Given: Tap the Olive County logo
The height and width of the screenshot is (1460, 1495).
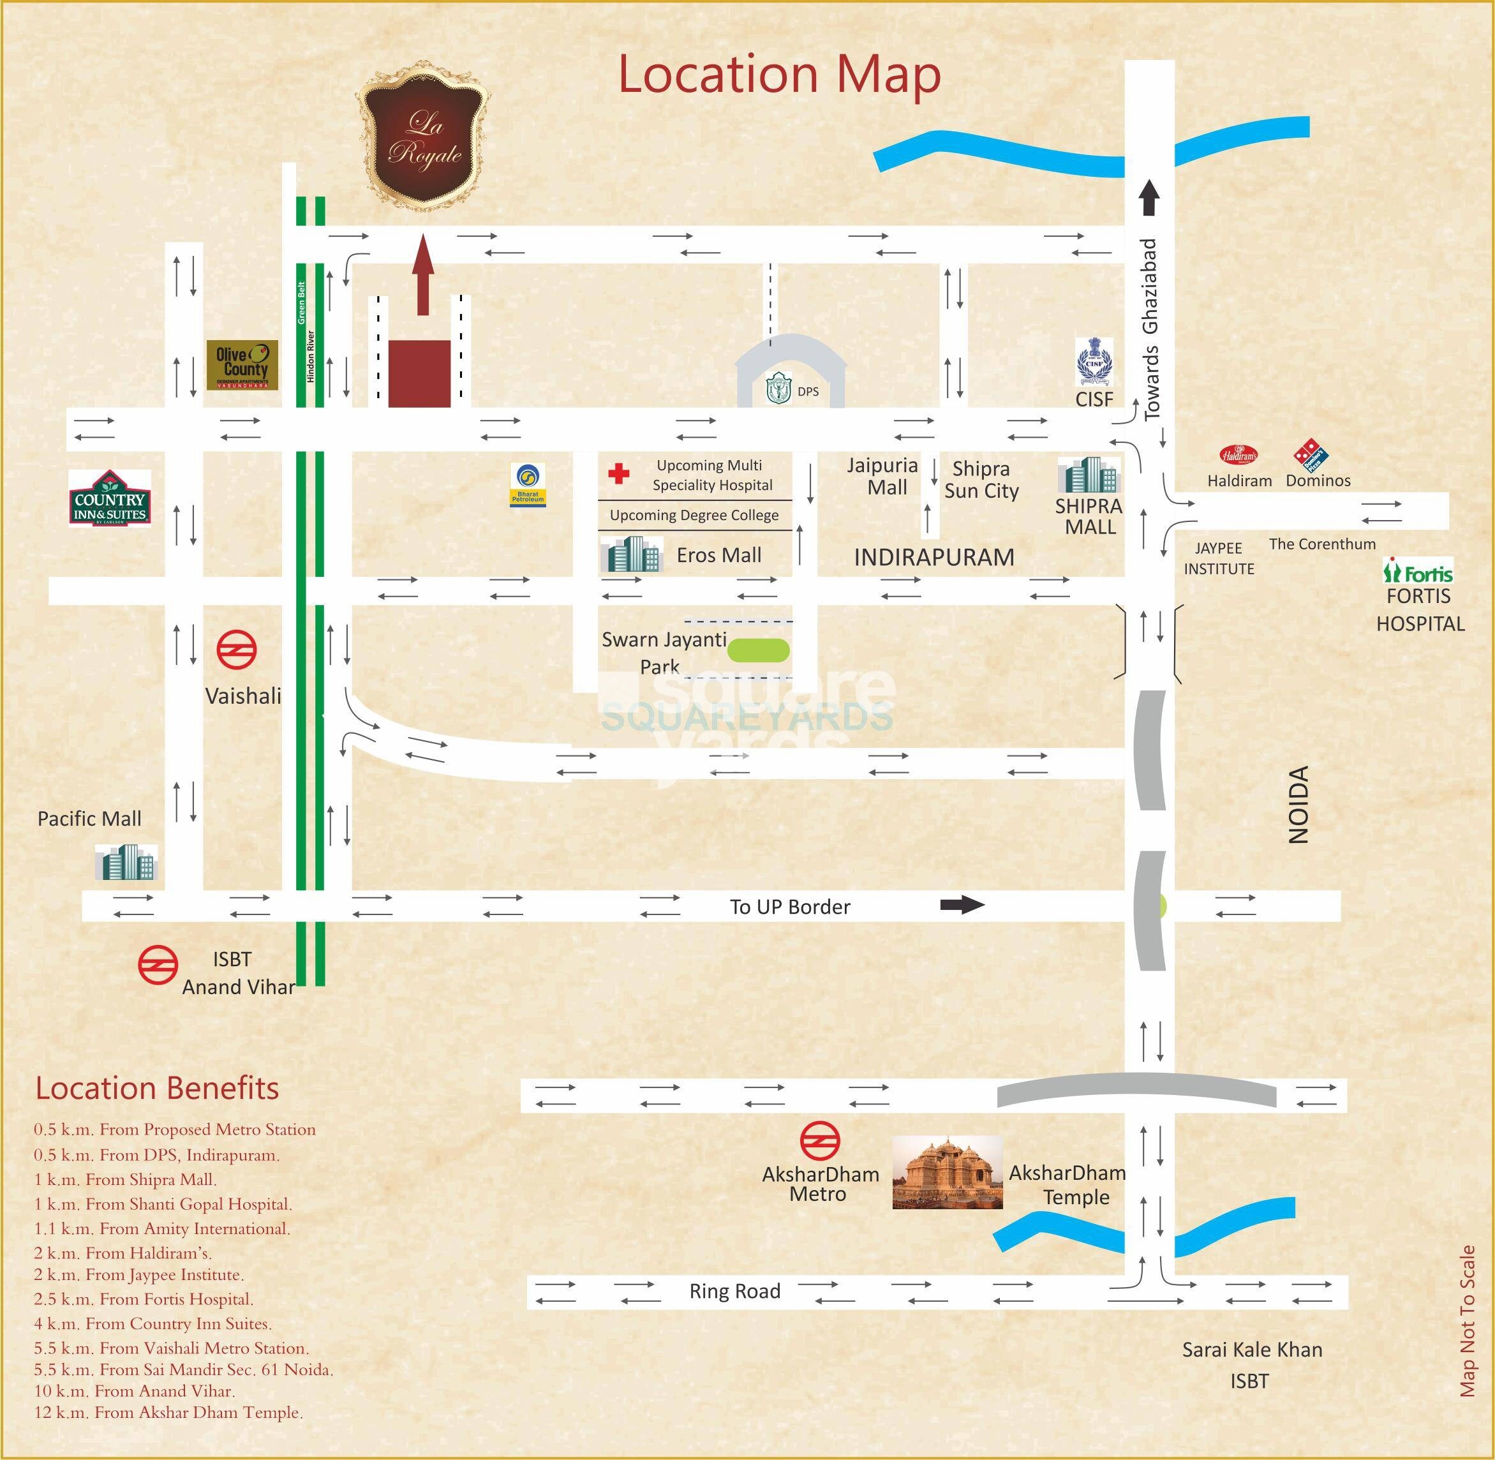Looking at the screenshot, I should [241, 365].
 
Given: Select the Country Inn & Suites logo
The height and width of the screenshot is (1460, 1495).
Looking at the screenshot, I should [110, 498].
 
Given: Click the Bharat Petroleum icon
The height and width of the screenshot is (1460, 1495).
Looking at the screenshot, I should [528, 484].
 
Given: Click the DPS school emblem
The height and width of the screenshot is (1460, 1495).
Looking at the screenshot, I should [778, 388].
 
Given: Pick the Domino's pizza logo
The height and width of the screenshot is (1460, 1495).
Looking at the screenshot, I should [1312, 455].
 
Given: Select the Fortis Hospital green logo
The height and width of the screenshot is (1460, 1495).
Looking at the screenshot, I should [1418, 571].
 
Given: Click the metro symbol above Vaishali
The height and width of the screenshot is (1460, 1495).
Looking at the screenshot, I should [236, 650].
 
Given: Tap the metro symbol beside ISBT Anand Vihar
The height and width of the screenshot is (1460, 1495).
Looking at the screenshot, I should [158, 965].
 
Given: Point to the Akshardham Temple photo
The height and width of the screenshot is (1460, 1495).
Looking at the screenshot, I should [948, 1172].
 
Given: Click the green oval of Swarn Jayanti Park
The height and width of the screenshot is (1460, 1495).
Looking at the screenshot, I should [757, 650].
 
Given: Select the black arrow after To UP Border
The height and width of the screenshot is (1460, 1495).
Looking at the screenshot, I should [962, 905].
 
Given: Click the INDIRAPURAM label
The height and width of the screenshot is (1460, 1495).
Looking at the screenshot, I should [933, 558].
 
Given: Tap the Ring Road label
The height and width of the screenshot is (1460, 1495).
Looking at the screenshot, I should [734, 1292].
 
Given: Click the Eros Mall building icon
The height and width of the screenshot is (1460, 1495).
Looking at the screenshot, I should [631, 554].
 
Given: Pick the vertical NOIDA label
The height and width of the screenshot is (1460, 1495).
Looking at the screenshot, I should [1298, 805].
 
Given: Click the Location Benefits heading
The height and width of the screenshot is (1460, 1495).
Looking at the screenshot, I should [157, 1088].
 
